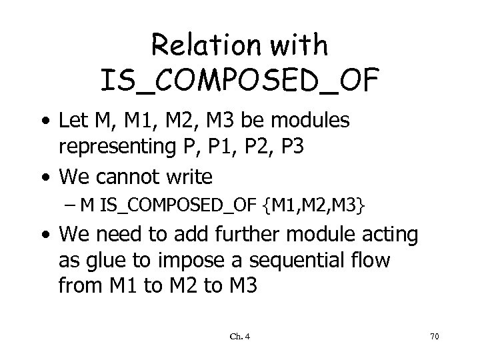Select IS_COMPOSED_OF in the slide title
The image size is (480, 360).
point(239,81)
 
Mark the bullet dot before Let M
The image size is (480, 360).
point(43,122)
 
